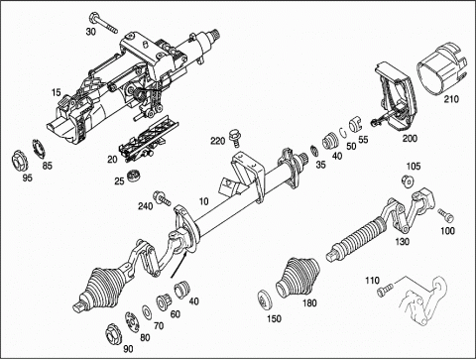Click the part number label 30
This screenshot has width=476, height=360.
(x=91, y=32)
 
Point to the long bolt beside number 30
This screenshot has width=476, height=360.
(x=103, y=22)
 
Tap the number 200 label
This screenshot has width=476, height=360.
(x=410, y=138)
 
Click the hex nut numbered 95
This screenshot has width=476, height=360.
(x=19, y=161)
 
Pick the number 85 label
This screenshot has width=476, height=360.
(x=48, y=166)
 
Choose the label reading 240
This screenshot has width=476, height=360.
(x=146, y=206)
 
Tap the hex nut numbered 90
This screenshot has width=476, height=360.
(x=112, y=334)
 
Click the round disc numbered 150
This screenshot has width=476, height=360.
(x=265, y=300)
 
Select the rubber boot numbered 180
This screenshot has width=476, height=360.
(x=297, y=277)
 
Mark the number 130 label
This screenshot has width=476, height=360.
(x=403, y=242)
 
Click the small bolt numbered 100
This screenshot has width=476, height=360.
(x=446, y=215)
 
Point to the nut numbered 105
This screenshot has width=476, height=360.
(x=408, y=181)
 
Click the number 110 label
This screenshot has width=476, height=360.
(x=372, y=281)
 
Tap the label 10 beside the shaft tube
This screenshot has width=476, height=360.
(x=204, y=201)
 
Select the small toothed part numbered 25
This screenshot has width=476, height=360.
(x=134, y=175)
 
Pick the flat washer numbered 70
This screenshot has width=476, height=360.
(x=146, y=313)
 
